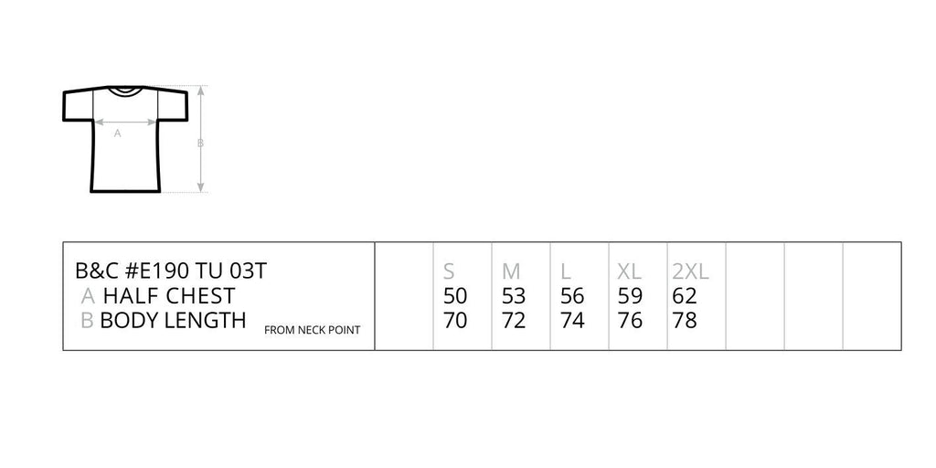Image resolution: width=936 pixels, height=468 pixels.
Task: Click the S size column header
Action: point(449,271)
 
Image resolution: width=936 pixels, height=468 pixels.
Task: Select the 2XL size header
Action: point(691,271)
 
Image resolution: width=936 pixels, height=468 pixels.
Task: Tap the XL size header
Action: point(629,271)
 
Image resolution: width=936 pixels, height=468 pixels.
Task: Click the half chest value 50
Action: point(455,296)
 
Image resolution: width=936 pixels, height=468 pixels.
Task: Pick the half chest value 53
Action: point(514,296)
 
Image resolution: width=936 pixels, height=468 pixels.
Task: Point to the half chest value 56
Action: point(572,296)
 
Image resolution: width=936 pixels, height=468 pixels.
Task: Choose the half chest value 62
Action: point(685,296)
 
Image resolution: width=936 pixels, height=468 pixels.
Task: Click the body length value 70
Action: point(455,321)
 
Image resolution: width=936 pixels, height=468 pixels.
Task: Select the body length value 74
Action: point(572,321)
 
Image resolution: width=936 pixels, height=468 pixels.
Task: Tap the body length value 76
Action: point(630,321)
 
